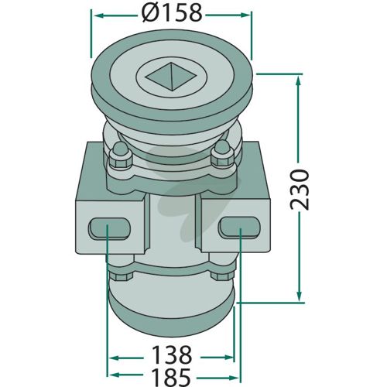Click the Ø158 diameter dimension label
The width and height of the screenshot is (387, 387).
tap(172, 13)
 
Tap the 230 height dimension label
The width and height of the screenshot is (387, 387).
tap(300, 189)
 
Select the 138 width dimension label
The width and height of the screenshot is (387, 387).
tap(172, 354)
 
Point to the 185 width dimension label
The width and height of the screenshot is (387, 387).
tap(171, 377)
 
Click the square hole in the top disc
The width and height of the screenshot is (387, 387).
tap(172, 77)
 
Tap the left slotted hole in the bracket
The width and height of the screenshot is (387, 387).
tap(109, 228)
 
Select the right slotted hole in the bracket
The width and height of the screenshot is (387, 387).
tap(238, 227)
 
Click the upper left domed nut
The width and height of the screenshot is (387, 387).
tap(121, 157)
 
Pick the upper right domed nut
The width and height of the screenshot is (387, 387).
tap(222, 155)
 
